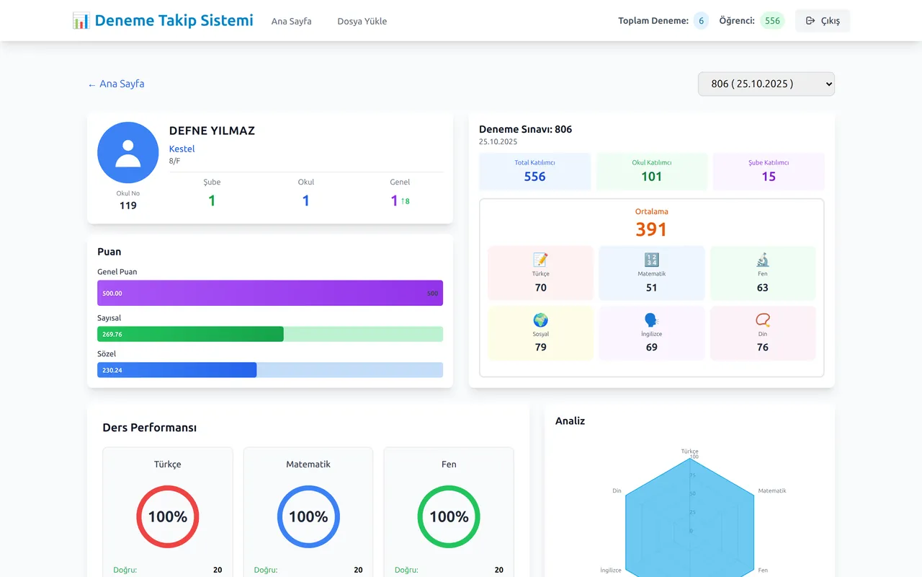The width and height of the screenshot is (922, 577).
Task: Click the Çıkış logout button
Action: (x=823, y=21)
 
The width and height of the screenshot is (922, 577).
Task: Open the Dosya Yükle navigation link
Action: (x=362, y=21)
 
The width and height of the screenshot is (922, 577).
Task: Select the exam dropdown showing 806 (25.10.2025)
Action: (x=766, y=84)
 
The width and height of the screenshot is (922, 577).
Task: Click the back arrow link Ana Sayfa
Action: (x=116, y=84)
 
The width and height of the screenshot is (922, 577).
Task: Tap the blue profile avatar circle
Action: (x=128, y=152)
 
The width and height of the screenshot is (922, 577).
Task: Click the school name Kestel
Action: (x=182, y=149)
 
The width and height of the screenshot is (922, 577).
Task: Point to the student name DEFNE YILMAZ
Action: (x=212, y=131)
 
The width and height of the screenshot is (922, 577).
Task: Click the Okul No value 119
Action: (x=128, y=206)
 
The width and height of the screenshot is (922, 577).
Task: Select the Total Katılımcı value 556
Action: (x=534, y=177)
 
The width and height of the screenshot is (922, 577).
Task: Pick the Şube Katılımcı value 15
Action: (x=769, y=177)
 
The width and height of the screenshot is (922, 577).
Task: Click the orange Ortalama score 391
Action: (x=651, y=229)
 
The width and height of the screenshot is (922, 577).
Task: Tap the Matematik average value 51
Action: (x=652, y=287)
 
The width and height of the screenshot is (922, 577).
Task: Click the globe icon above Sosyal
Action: (x=540, y=320)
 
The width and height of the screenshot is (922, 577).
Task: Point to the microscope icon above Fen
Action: (x=763, y=260)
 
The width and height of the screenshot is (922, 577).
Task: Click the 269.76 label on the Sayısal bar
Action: (x=112, y=334)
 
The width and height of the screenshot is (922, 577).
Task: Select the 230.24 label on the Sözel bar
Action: (x=112, y=370)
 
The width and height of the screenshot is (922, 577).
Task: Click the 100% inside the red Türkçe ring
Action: (x=168, y=516)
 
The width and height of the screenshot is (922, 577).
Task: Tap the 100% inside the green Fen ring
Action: (x=449, y=516)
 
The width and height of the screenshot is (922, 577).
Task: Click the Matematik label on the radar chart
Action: (x=772, y=490)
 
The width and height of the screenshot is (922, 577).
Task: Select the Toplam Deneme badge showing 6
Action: (x=701, y=21)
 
